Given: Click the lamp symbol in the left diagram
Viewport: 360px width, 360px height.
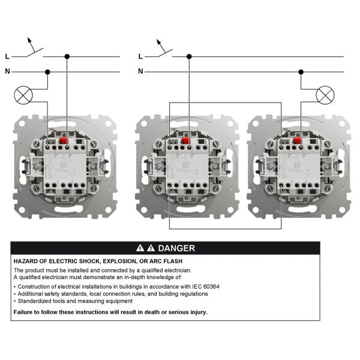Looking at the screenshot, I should coord(23,94).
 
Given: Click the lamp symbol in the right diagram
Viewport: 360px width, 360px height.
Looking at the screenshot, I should coord(325,94).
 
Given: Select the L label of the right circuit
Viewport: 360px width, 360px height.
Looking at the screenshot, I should coord(140,56).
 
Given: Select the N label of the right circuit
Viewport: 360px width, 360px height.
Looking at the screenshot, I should coord(140,71).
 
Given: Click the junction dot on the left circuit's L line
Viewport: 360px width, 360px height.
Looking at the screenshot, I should coord(67,56).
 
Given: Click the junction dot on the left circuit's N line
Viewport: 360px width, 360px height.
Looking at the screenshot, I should coord(47,71).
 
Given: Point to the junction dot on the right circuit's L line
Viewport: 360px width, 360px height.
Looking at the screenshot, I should coord(189,56).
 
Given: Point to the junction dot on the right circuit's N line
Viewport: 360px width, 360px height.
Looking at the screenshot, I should coord(299,71).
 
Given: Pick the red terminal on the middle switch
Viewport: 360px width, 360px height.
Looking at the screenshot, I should coord(184,143).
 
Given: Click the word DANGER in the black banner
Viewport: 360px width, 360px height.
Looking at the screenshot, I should coord(176,248).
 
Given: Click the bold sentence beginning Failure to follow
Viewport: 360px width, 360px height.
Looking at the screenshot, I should coord(110,312).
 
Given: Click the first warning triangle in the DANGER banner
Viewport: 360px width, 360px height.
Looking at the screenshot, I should coord(140,248).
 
